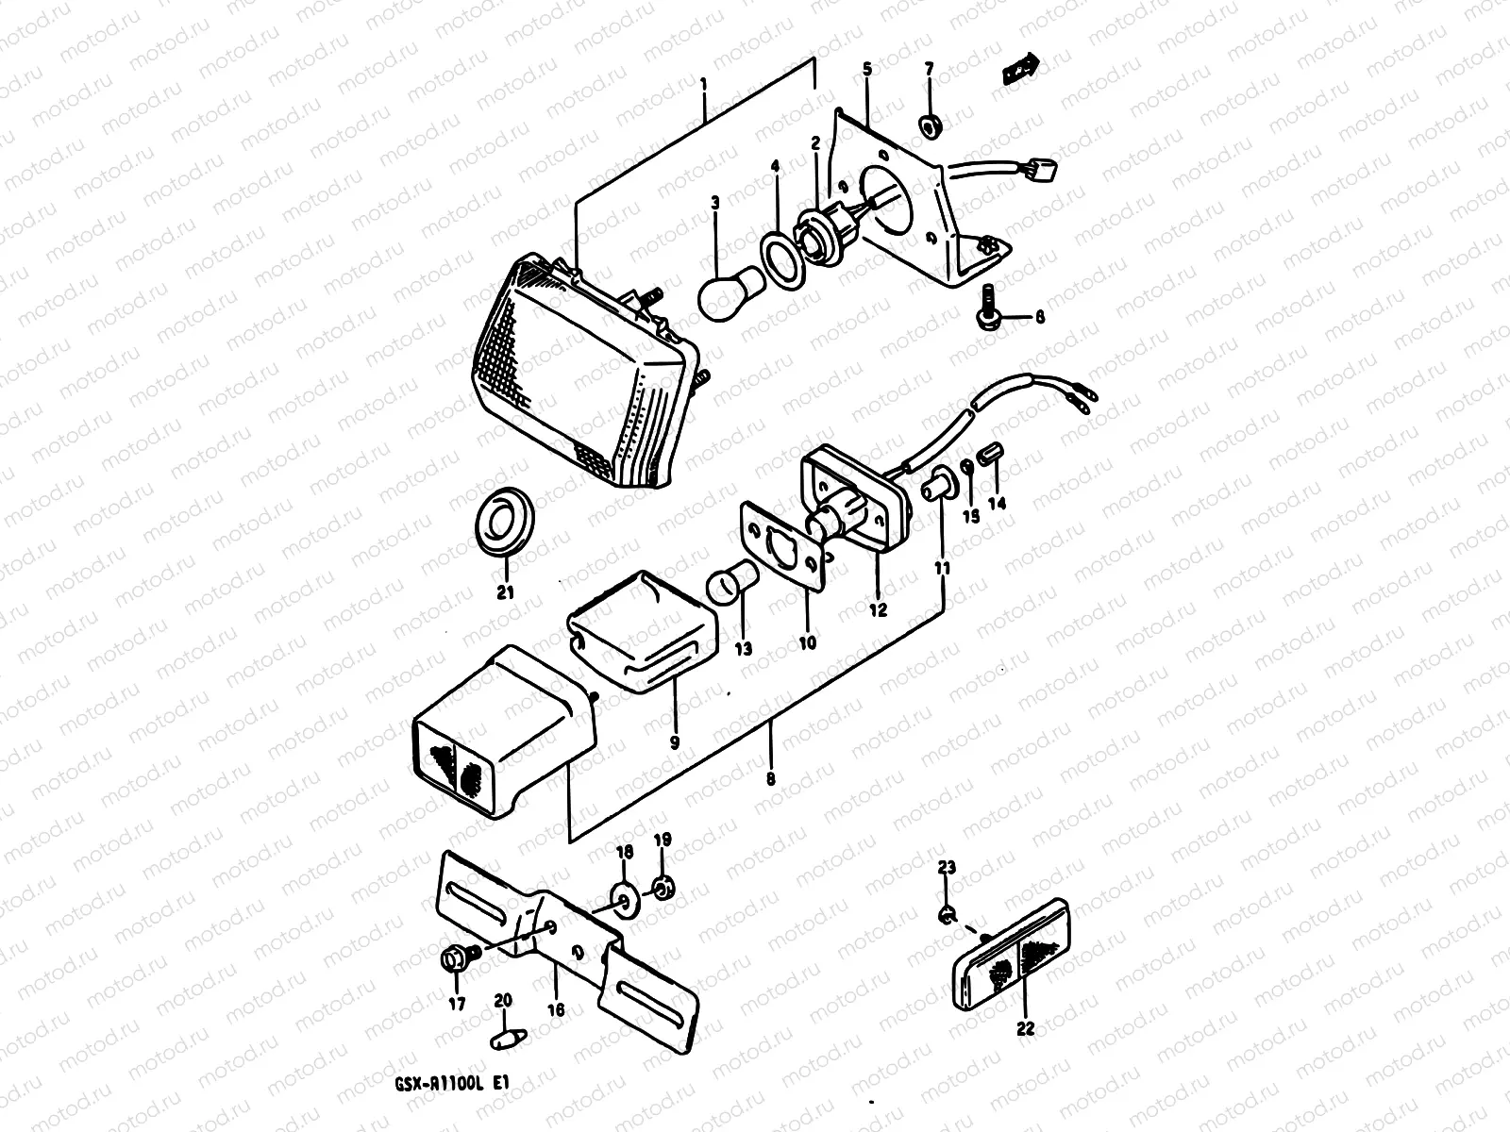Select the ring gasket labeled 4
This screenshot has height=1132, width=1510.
[781, 258]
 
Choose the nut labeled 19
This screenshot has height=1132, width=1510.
[663, 888]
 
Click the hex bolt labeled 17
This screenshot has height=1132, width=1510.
[457, 959]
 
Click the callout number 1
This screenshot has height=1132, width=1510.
[704, 85]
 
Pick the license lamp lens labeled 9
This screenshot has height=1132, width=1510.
[642, 630]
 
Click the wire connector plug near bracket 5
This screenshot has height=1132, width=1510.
[1044, 171]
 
